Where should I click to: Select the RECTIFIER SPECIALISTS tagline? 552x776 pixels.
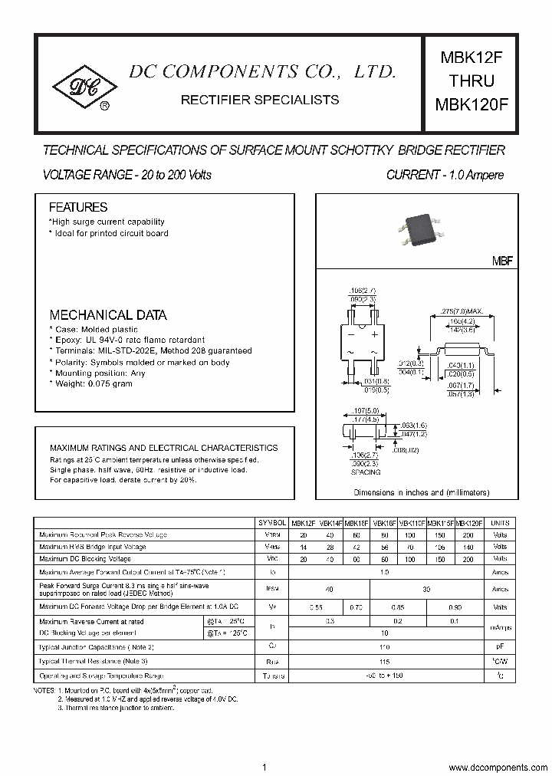(260, 100)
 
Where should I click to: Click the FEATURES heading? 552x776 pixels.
(78, 207)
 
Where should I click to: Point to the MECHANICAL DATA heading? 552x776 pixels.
(108, 314)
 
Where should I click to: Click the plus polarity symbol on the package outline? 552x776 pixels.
(374, 335)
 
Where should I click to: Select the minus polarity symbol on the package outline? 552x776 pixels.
(351, 335)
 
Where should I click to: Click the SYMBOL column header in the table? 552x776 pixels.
(274, 522)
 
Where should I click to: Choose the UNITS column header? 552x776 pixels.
(500, 522)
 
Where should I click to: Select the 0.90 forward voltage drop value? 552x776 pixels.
(454, 607)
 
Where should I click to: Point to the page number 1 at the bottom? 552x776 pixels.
(264, 746)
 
